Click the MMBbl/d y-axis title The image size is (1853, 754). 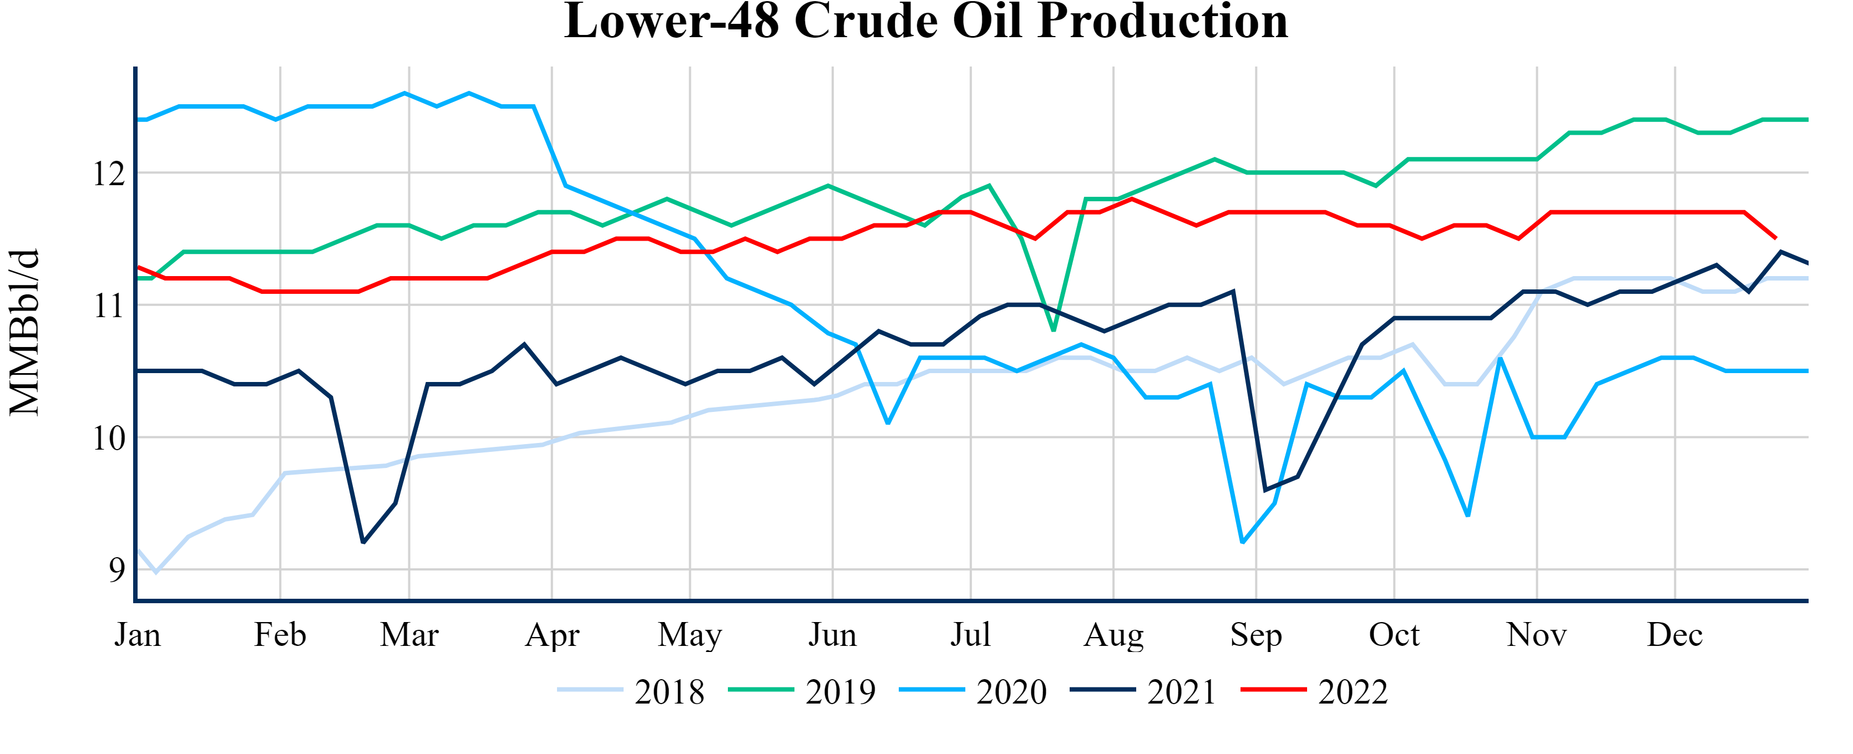coord(24,332)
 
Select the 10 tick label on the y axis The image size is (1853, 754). coord(109,439)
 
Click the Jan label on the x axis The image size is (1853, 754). coord(138,635)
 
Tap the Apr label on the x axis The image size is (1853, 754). coord(551,635)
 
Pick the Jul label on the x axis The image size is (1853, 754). coord(970,635)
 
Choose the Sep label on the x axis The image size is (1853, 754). coord(1256,635)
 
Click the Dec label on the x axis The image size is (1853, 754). coord(1674,635)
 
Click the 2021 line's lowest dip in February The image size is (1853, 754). coord(363,543)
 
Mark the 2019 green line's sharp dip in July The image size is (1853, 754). coord(1054,330)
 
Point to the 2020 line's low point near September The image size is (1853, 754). coord(1242,543)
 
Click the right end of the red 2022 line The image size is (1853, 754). coord(1776,238)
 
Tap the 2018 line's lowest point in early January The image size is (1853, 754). coord(156,573)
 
